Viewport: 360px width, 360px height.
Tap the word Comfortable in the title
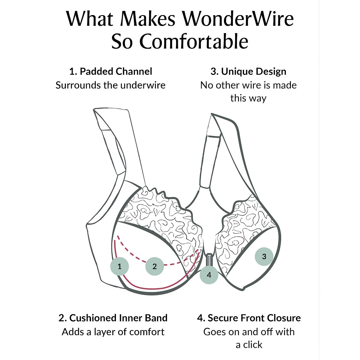pyautogui.click(x=194, y=42)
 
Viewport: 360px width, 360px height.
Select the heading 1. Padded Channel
pyautogui.click(x=111, y=71)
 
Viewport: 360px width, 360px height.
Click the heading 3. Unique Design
pyautogui.click(x=248, y=71)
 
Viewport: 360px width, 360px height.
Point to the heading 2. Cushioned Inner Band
pyautogui.click(x=113, y=318)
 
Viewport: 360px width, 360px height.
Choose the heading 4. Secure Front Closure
pyautogui.click(x=249, y=318)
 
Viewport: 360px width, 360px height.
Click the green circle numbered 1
pyautogui.click(x=120, y=266)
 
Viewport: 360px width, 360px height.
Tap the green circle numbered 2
pyautogui.click(x=154, y=266)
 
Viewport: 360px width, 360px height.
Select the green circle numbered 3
pyautogui.click(x=264, y=257)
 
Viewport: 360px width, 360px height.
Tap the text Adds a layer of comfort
pyautogui.click(x=113, y=332)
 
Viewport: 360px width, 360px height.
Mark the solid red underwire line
pyautogui.click(x=151, y=288)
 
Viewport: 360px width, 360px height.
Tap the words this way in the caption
pyautogui.click(x=248, y=98)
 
